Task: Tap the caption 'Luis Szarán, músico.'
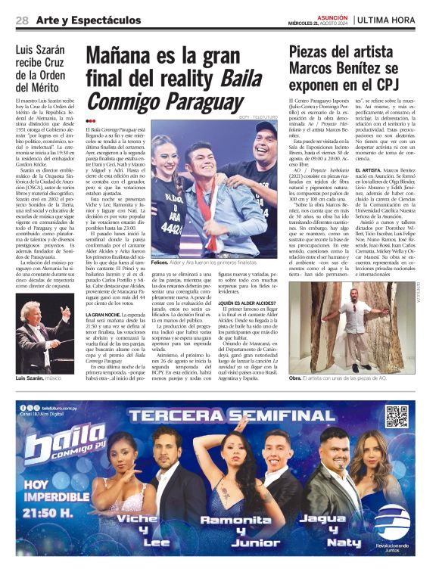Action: pyautogui.click(x=38, y=378)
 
